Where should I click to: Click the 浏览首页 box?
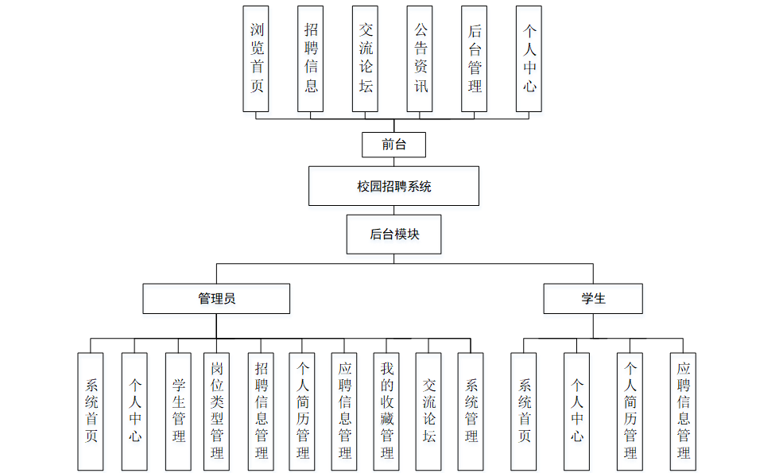(x=256, y=59)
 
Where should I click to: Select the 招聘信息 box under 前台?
(x=311, y=59)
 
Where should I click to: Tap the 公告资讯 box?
(x=420, y=59)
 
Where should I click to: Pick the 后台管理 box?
(x=475, y=59)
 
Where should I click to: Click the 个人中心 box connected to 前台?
(x=529, y=59)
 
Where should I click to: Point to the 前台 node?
(x=393, y=145)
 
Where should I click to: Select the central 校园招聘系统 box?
(x=393, y=186)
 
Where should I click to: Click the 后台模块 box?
(x=393, y=235)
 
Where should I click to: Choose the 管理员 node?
(x=216, y=299)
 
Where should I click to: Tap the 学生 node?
(x=593, y=299)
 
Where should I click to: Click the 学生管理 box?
(x=178, y=411)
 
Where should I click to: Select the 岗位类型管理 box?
(x=216, y=411)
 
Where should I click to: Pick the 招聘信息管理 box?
(x=261, y=411)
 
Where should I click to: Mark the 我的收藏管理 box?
(x=386, y=411)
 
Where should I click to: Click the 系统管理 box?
(x=471, y=411)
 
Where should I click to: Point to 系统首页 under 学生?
(x=524, y=411)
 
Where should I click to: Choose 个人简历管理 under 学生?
(x=630, y=411)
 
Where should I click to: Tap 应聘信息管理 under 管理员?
(x=344, y=411)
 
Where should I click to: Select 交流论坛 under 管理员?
(x=428, y=411)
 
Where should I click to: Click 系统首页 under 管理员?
(x=91, y=411)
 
